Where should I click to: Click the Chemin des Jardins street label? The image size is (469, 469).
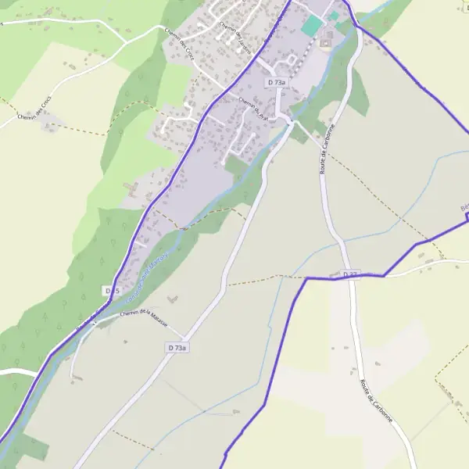click(x=232, y=34)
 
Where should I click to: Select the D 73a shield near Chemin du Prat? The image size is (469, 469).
click(x=277, y=82)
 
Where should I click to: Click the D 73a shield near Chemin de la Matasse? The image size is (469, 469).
click(x=177, y=347)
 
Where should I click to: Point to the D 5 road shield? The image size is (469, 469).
click(x=112, y=291)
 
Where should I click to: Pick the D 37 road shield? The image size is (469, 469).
click(x=350, y=275)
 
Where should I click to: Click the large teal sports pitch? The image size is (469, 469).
click(x=312, y=26)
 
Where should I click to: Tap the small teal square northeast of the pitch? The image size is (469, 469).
click(x=334, y=16)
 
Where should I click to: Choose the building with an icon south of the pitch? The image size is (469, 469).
click(x=324, y=42)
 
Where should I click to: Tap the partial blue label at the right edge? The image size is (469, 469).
click(x=464, y=208)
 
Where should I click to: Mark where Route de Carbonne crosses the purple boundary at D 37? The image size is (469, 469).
click(x=349, y=276)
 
